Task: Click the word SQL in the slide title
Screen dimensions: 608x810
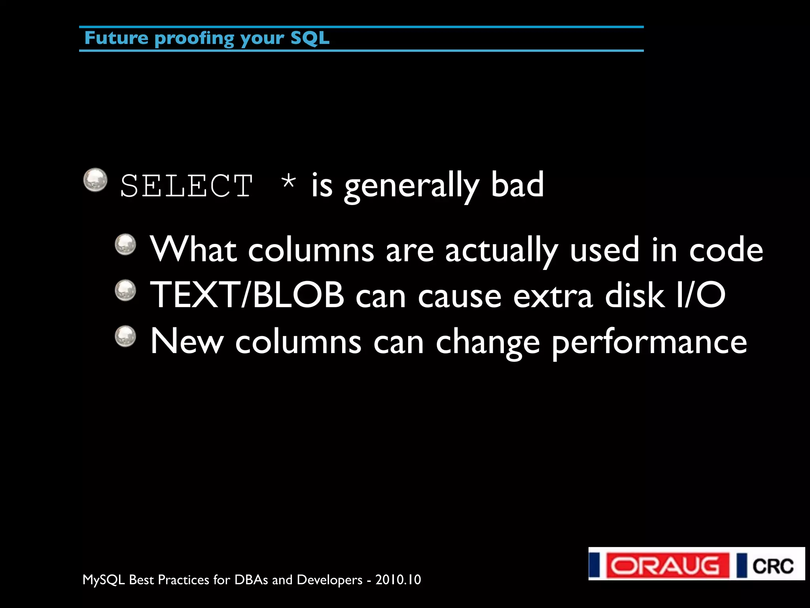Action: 310,38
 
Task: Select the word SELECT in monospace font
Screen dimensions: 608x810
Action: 186,186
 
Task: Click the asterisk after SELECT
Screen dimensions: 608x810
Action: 288,182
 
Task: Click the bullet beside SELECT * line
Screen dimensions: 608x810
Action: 95,180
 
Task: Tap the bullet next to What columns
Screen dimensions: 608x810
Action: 125,245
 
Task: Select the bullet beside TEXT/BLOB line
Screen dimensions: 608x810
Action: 125,290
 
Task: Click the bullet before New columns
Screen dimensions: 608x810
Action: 125,336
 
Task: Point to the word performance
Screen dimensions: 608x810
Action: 649,342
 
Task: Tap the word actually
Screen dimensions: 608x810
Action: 501,251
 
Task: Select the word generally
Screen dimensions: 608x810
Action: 411,186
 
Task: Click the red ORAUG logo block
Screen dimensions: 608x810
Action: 667,565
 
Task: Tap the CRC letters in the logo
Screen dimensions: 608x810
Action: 772,566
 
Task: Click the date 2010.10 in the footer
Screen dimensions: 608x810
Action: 398,579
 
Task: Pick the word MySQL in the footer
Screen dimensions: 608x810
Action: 104,580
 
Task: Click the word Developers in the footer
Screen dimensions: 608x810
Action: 329,580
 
